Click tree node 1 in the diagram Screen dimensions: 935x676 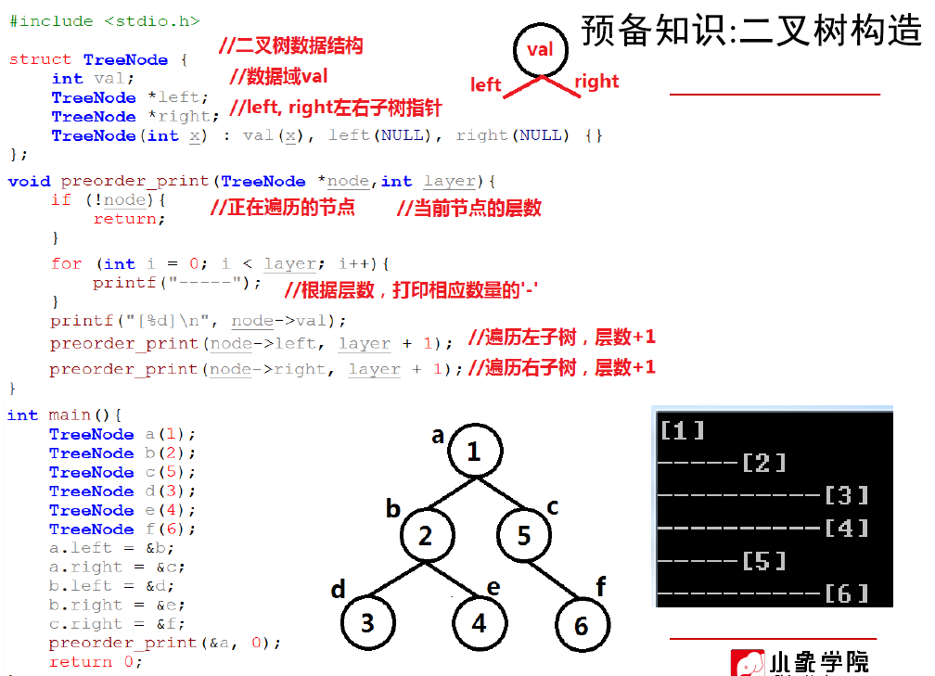click(x=474, y=452)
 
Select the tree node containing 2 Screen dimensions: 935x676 click(x=426, y=536)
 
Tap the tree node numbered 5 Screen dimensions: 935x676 click(x=524, y=536)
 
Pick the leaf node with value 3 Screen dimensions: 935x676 click(x=368, y=621)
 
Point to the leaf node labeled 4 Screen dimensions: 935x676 click(x=480, y=621)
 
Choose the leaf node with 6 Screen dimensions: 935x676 click(x=582, y=625)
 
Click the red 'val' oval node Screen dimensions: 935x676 click(x=540, y=49)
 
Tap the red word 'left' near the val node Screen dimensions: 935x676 click(x=486, y=85)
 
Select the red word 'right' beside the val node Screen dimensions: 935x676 click(x=596, y=82)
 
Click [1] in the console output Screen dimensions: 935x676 click(x=683, y=430)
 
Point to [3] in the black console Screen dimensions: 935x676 click(x=846, y=495)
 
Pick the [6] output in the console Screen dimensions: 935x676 click(x=846, y=593)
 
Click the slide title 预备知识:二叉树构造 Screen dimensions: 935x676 click(x=751, y=31)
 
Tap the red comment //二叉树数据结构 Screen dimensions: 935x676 click(x=290, y=45)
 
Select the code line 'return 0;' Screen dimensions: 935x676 click(x=96, y=662)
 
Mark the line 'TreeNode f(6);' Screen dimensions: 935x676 click(x=122, y=529)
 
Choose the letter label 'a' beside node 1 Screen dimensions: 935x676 click(x=438, y=435)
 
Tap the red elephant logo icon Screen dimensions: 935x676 click(x=747, y=662)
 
